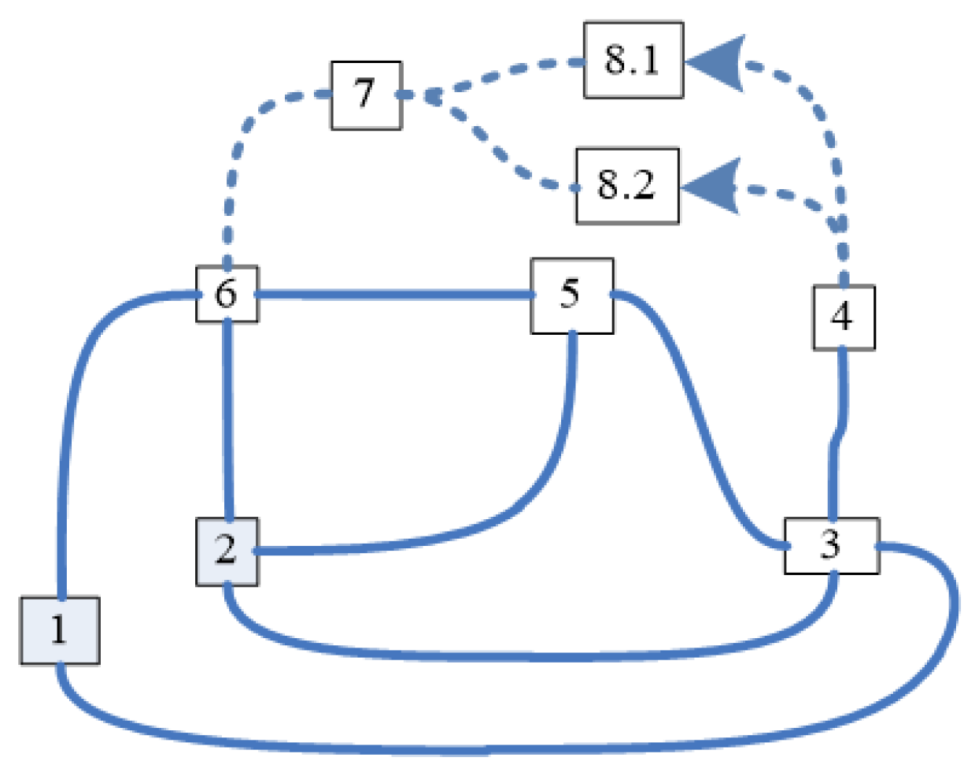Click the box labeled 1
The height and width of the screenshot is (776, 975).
pyautogui.click(x=59, y=630)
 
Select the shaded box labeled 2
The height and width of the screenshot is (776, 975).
pyautogui.click(x=227, y=551)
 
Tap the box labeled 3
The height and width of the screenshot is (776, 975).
pyautogui.click(x=831, y=545)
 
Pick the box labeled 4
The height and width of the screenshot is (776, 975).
pyautogui.click(x=843, y=317)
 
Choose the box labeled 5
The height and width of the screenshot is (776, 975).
pyautogui.click(x=571, y=295)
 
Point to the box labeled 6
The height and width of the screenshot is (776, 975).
pyautogui.click(x=227, y=294)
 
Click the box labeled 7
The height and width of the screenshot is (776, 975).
pyautogui.click(x=366, y=95)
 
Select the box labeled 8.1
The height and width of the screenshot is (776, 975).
pyautogui.click(x=633, y=60)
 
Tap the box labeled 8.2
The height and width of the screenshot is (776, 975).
pyautogui.click(x=626, y=185)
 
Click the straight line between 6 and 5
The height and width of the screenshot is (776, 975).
pyautogui.click(x=393, y=295)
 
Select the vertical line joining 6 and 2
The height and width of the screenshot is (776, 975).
pyautogui.click(x=228, y=418)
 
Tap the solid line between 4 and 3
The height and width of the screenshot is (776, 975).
pyautogui.click(x=839, y=433)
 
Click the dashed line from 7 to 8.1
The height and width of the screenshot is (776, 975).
pyautogui.click(x=504, y=72)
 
